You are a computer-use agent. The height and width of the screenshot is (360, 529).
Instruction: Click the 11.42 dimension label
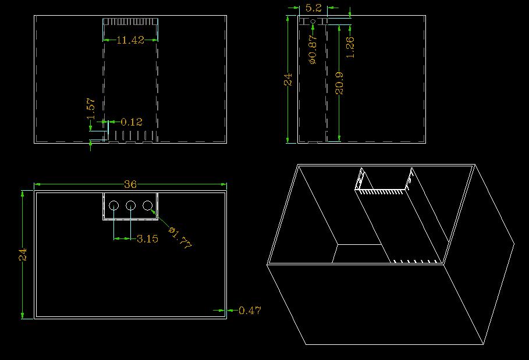pos(130,40)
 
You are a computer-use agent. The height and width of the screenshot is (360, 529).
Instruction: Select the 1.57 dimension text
pos(91,109)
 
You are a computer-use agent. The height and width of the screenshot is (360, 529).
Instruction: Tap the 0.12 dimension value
pos(132,122)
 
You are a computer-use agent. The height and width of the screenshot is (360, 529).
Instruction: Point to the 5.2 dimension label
pos(314,8)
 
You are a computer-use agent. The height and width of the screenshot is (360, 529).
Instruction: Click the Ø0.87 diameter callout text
pos(313,49)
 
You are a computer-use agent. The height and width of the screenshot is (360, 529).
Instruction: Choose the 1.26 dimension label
pos(350,48)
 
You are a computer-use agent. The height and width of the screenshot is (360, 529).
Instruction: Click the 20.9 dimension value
pos(339,83)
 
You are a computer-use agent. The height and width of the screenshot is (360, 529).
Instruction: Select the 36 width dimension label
pos(130,184)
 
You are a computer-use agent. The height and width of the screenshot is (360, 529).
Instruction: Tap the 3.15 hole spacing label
pos(147,238)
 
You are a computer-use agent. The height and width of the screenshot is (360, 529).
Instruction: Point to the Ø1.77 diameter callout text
pos(180,238)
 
